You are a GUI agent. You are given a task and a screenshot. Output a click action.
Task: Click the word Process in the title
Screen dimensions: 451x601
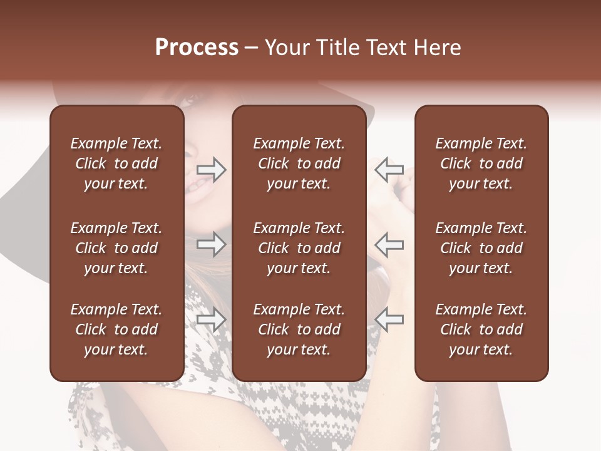click(x=197, y=48)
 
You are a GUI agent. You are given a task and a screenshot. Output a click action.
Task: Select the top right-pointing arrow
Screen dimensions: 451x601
click(x=211, y=170)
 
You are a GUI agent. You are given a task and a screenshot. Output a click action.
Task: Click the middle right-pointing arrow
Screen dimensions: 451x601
click(x=211, y=244)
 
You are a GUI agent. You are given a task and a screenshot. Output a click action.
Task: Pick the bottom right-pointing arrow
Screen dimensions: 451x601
click(x=211, y=319)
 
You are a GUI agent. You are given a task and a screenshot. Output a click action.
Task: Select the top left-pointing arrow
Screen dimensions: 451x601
click(x=389, y=170)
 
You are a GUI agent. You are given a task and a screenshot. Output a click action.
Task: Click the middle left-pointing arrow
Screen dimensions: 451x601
click(x=389, y=244)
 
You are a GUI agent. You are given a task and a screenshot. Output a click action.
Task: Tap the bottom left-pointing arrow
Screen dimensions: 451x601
click(x=389, y=319)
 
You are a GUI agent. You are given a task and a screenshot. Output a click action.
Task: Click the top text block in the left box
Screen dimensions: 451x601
click(x=116, y=163)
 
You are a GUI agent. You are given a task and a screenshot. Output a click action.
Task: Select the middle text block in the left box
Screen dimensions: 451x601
click(x=116, y=248)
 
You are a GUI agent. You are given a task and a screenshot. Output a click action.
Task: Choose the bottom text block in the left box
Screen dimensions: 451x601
click(x=116, y=329)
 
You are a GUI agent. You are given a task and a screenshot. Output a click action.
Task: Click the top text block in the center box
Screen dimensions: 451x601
click(x=299, y=163)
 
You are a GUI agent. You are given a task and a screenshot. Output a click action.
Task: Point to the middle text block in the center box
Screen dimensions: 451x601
click(x=299, y=248)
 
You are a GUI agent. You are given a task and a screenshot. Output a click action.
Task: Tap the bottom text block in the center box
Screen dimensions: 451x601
click(x=299, y=329)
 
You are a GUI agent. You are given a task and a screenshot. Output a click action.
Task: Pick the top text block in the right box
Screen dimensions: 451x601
click(x=481, y=163)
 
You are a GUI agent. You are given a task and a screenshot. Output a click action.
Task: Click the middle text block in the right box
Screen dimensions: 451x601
click(x=481, y=248)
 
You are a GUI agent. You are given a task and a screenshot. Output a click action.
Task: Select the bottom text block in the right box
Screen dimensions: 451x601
click(x=481, y=329)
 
